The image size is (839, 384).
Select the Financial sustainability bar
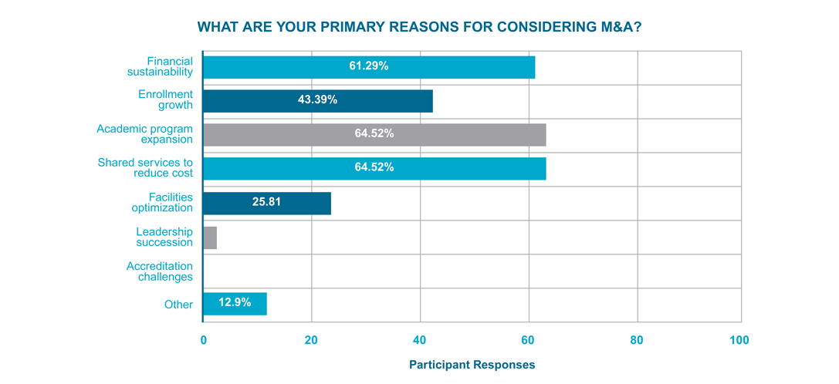369,67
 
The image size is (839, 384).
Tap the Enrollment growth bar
317,101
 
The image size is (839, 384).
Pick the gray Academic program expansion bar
374,134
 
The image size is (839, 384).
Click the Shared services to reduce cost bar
374,168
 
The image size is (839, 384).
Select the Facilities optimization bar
267,203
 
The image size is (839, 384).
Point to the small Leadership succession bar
210,237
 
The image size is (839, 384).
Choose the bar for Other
235,304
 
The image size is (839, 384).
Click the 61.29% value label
369,66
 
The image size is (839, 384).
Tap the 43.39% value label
317,100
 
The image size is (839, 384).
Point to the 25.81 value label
267,203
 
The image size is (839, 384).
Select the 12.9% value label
235,303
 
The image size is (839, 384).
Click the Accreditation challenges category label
160,271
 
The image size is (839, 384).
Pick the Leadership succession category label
164,237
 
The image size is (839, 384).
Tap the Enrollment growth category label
165,100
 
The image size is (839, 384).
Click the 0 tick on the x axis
203,340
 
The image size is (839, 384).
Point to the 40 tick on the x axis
420,340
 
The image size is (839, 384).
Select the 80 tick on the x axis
637,340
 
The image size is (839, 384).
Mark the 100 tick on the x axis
739,340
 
